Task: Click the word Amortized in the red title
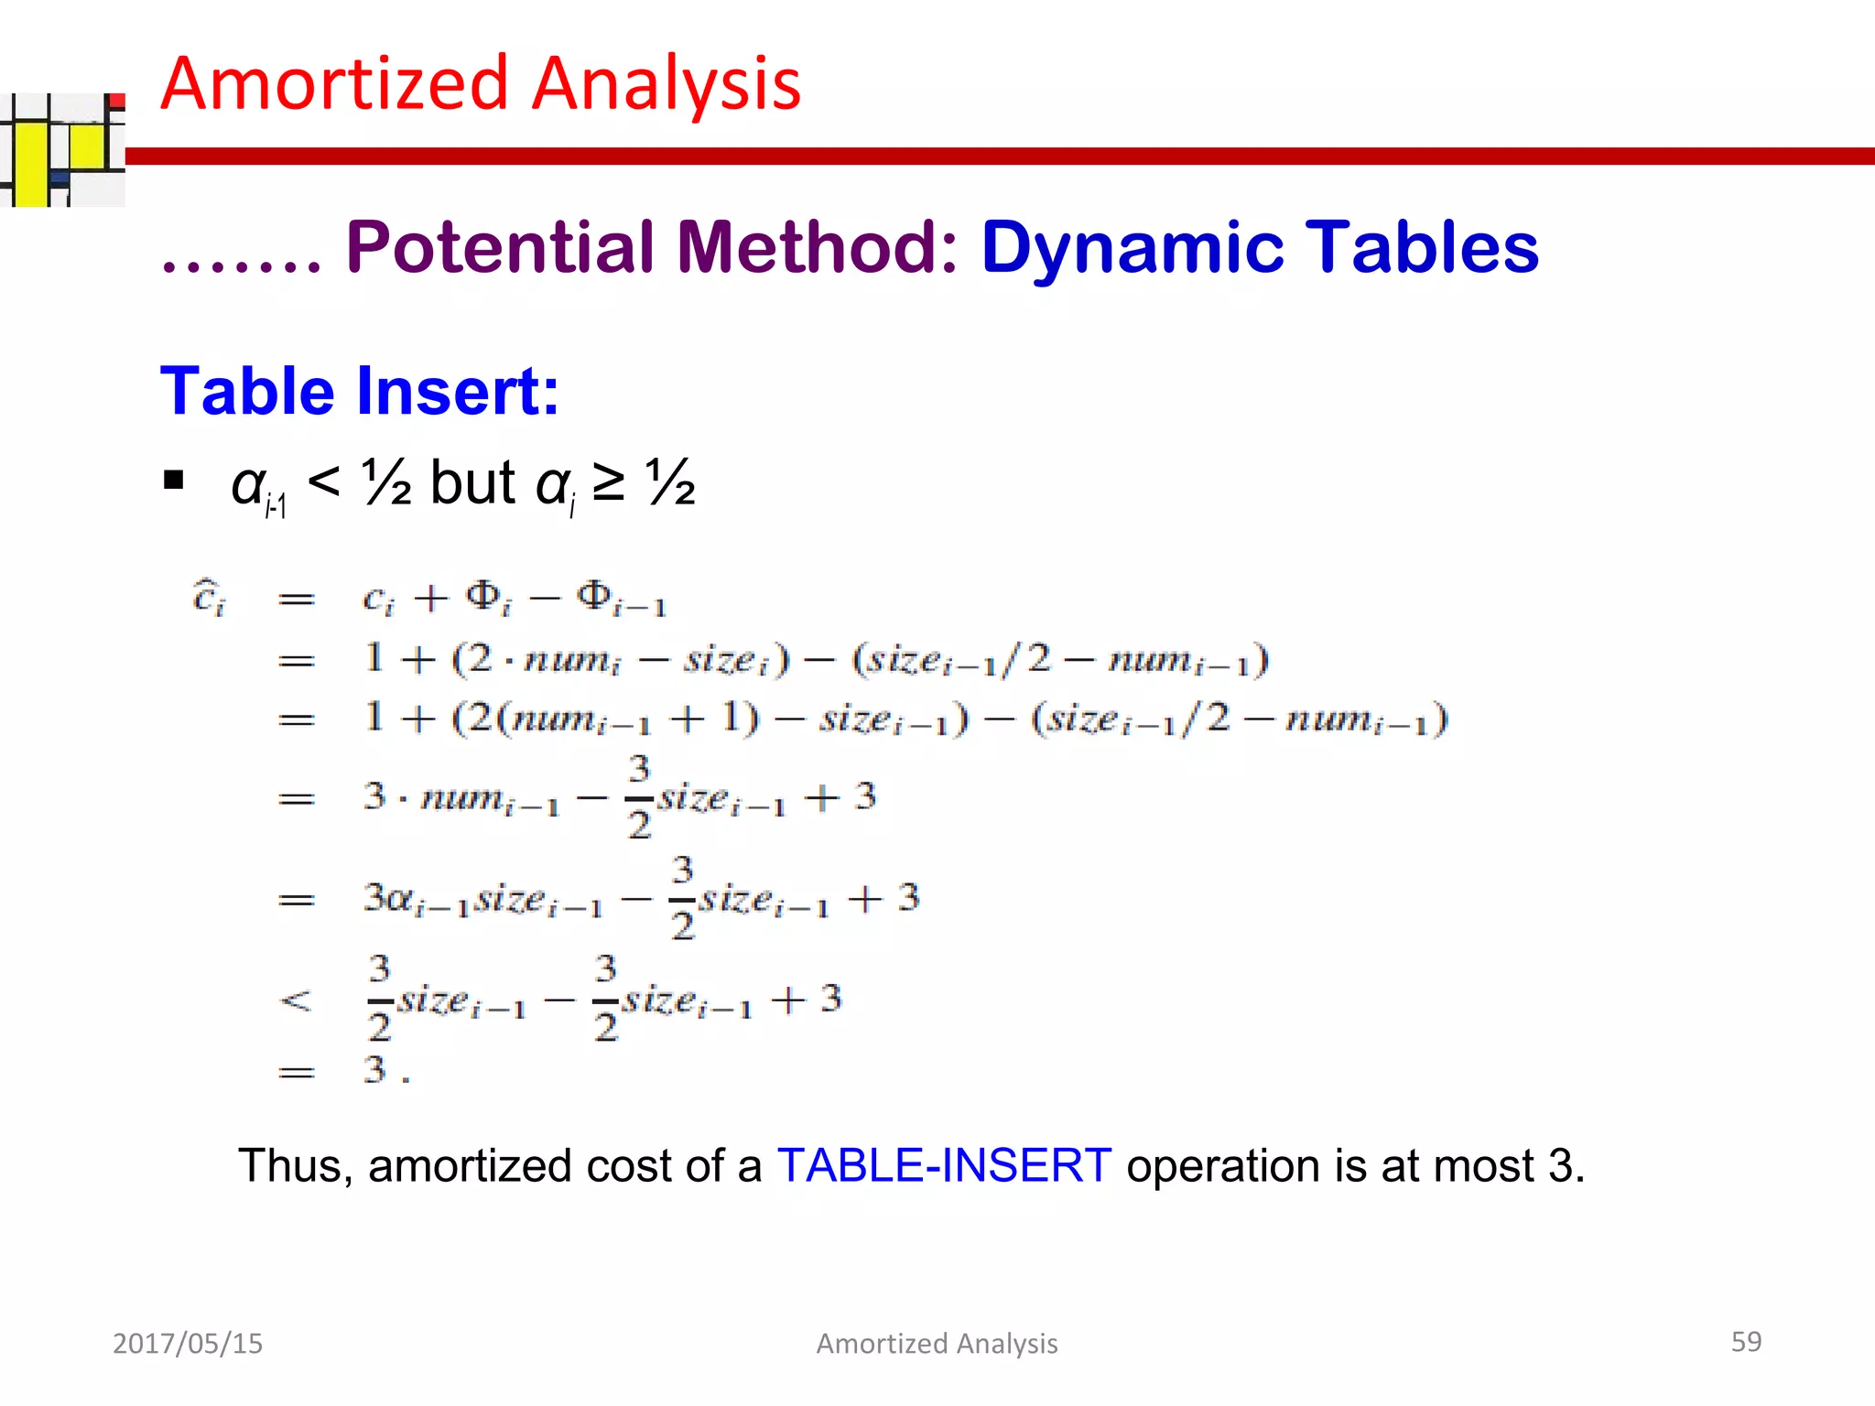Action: [335, 84]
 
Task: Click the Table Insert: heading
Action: [359, 392]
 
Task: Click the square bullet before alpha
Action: [173, 480]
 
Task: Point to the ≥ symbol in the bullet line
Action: [609, 482]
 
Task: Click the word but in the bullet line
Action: [472, 482]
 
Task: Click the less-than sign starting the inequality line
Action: [295, 1000]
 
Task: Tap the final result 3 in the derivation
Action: [375, 1069]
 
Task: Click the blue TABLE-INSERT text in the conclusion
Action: [944, 1166]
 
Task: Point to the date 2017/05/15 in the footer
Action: [188, 1343]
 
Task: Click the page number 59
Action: [1746, 1341]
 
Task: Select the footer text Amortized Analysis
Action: [937, 1343]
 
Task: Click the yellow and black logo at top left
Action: [62, 149]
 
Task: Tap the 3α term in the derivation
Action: [388, 898]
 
